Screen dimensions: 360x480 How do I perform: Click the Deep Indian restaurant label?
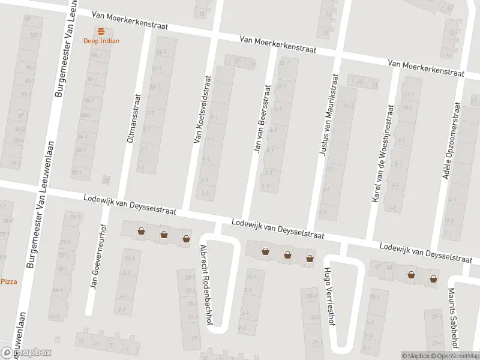101,41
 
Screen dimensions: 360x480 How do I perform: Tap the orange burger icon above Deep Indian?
101,31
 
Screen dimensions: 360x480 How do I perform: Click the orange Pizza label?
8,281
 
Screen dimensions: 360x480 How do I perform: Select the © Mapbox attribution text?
416,356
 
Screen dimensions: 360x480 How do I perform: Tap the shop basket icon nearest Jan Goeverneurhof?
141,231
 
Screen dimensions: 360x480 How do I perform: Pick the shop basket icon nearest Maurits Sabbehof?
433,278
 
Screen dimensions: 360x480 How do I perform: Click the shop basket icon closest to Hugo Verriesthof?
310,259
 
